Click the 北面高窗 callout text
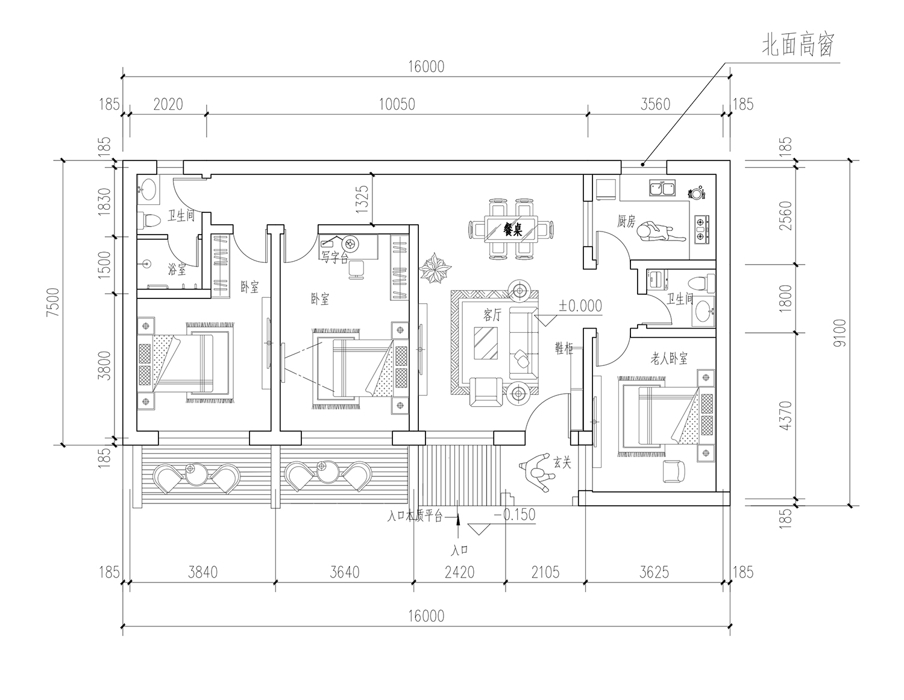point(799,45)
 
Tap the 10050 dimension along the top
point(397,104)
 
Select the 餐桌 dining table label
point(513,229)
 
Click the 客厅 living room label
point(492,315)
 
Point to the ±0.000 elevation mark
point(580,306)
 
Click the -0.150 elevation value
point(515,514)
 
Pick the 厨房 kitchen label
point(626,222)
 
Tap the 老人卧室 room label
point(669,358)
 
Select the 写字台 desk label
point(335,258)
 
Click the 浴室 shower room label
point(177,270)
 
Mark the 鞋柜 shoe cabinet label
point(564,348)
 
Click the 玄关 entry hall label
point(562,462)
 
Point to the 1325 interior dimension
point(362,199)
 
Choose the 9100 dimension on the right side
point(840,333)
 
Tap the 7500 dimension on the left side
point(53,303)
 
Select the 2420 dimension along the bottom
point(459,572)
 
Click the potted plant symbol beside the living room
point(435,268)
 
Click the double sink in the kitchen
point(662,188)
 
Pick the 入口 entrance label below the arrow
point(460,550)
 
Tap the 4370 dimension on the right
point(785,415)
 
